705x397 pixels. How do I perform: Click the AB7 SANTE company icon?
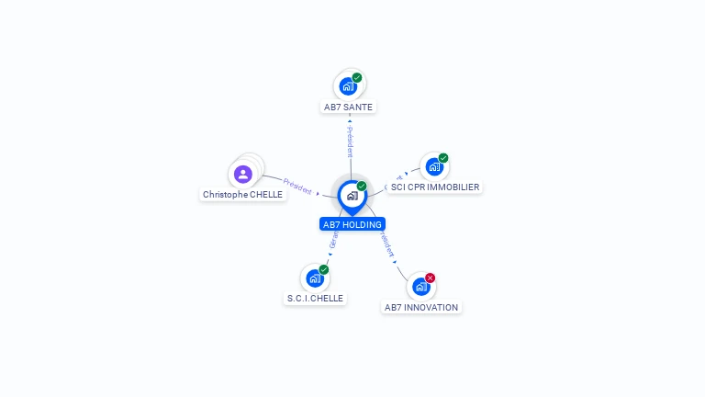[x=348, y=86]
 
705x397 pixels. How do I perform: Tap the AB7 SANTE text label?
[x=349, y=107]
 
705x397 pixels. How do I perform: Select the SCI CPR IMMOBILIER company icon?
[x=433, y=167]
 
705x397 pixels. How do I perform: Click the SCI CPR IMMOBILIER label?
[x=435, y=187]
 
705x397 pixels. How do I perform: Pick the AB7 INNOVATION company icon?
[x=420, y=287]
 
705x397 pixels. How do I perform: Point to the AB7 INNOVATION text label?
[x=421, y=307]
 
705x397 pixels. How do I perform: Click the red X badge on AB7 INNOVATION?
[x=430, y=278]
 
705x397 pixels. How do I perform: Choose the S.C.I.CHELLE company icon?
[x=315, y=278]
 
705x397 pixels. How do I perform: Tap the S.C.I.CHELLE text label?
[x=315, y=298]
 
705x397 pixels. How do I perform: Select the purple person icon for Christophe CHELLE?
[x=243, y=174]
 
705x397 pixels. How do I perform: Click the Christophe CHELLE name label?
[x=243, y=194]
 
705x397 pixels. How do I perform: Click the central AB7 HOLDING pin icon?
[x=352, y=196]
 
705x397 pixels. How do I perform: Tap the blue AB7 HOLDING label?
[x=352, y=223]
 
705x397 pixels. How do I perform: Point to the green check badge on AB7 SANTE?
[x=357, y=77]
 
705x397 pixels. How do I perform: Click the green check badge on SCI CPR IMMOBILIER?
[x=443, y=158]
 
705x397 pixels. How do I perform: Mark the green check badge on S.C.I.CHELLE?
[x=324, y=269]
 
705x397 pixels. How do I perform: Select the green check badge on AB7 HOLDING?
[x=362, y=186]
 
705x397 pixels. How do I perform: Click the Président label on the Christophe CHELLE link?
[x=297, y=185]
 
